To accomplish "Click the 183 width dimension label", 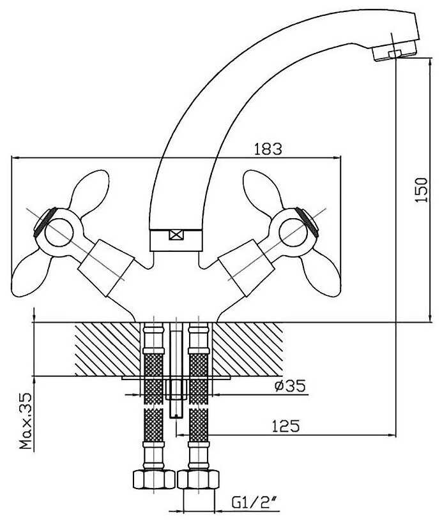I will tap(268, 149).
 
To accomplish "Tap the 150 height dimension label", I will tap(420, 189).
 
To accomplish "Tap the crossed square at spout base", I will tap(175, 234).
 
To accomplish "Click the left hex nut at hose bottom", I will tap(152, 478).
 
